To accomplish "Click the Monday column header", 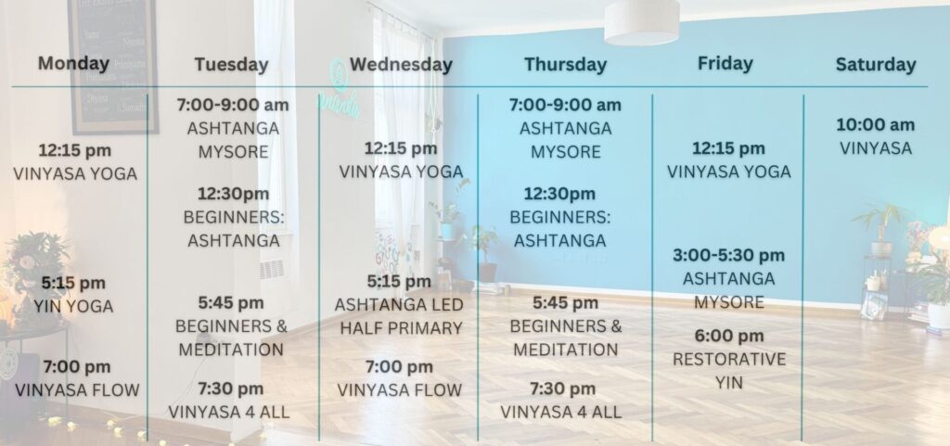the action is point(73,64).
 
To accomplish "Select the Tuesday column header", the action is point(231,65).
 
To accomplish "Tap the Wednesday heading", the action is point(401,65).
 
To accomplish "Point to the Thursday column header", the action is point(565,65).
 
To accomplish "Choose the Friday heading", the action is point(725,64).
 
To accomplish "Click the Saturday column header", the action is point(876,65).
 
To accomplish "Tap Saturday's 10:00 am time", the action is point(876,125).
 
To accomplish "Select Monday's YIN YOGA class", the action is point(73,306).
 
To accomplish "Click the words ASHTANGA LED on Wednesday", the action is point(399,304).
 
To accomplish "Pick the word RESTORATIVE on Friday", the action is point(729,360).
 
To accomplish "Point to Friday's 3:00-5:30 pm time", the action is point(729,255).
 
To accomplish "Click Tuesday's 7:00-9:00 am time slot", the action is point(233,105).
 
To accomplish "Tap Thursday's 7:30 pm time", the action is point(563,389).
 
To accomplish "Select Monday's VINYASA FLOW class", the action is point(77,390).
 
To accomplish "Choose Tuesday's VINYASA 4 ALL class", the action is point(229,412).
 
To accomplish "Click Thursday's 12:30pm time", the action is point(559,194).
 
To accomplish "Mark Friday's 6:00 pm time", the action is point(729,336).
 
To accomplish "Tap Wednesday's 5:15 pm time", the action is point(399,281).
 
